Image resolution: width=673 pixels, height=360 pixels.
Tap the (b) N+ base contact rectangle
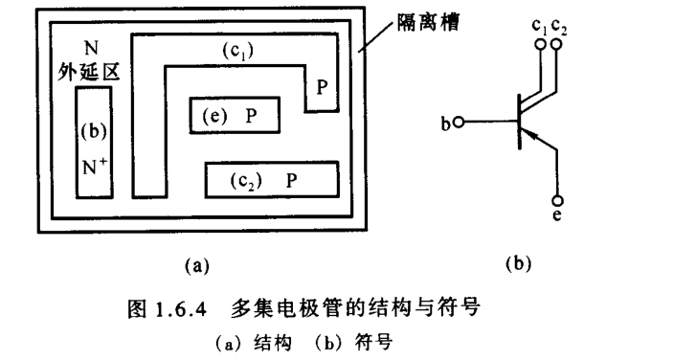pos(91,143)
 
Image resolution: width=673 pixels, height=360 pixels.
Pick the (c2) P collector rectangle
pos(273,179)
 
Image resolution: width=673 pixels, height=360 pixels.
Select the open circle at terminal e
pos(558,201)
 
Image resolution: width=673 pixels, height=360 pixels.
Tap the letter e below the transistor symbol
pos(558,217)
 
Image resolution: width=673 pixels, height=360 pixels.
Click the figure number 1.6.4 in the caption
pos(185,310)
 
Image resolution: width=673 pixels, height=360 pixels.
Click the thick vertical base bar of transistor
pos(517,123)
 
